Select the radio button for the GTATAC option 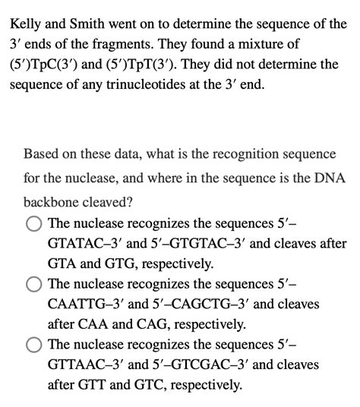(33, 224)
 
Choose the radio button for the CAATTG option (33, 284)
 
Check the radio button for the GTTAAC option (33, 344)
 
